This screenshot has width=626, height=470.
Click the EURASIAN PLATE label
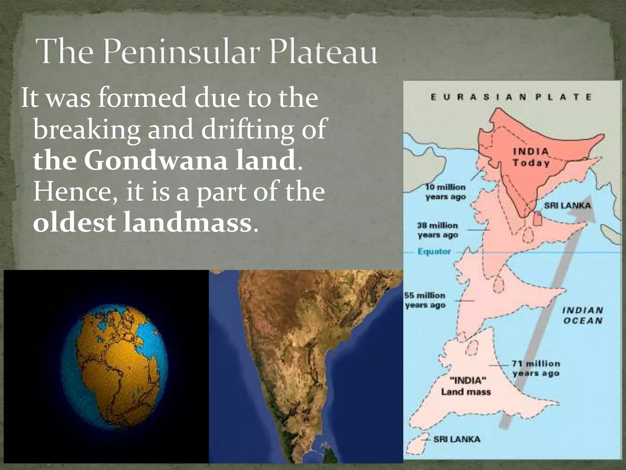(511, 97)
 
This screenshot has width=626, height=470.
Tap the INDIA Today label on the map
(531, 157)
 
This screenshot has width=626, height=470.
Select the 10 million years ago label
(445, 192)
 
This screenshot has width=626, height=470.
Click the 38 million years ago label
(438, 230)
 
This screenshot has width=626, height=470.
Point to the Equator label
(434, 252)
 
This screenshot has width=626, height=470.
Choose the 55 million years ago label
(425, 300)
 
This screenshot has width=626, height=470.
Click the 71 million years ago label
(536, 368)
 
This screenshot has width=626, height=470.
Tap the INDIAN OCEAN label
(583, 315)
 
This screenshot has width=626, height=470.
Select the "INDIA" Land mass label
(466, 386)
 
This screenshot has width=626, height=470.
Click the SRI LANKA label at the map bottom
(457, 439)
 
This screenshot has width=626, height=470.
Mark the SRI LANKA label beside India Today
(567, 205)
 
